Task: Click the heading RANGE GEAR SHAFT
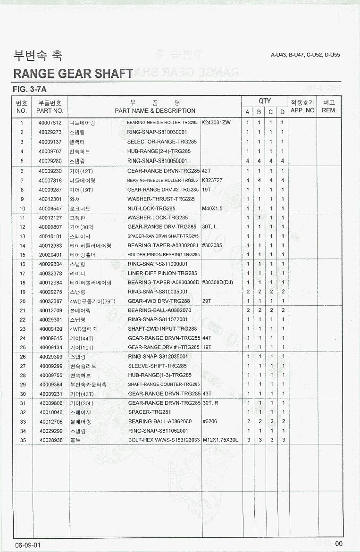click(x=73, y=74)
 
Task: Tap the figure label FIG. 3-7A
click(x=30, y=89)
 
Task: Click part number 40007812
click(x=50, y=123)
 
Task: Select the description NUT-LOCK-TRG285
click(x=151, y=209)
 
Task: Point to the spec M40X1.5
click(x=212, y=209)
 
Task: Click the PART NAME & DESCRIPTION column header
click(x=155, y=111)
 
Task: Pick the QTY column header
click(x=265, y=101)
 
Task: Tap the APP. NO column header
click(x=302, y=110)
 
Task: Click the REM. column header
click(x=329, y=110)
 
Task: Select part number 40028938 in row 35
click(x=50, y=440)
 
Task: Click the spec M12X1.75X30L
click(x=220, y=440)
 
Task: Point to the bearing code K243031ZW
click(x=216, y=123)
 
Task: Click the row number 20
click(x=22, y=301)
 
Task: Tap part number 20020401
click(x=50, y=255)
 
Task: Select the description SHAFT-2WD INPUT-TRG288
click(x=162, y=329)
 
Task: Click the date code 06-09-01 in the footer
click(x=28, y=544)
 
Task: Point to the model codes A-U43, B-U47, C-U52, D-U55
click(x=305, y=55)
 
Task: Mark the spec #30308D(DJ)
click(x=218, y=283)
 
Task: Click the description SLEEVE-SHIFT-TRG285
click(x=157, y=366)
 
